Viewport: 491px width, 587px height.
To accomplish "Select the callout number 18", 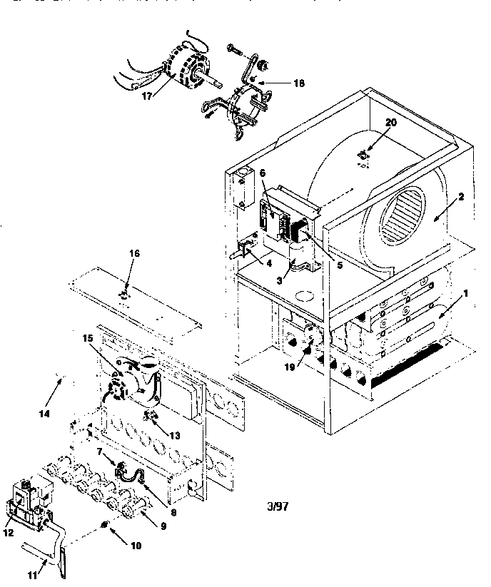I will click(298, 83).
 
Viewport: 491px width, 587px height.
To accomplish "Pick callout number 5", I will click(340, 265).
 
